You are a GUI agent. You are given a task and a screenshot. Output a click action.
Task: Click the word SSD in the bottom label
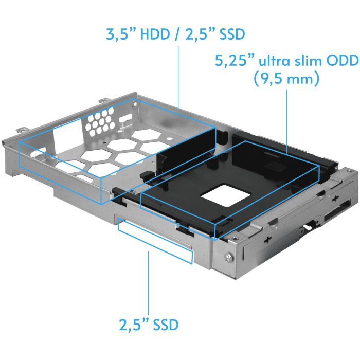pos(163,325)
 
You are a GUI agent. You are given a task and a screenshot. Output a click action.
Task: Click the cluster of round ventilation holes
pos(98,122)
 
